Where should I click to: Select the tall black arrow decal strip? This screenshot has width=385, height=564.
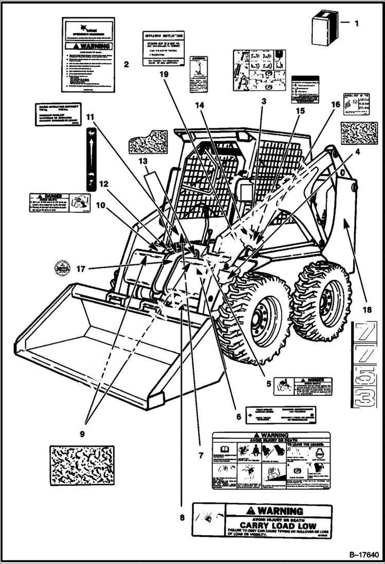click(90, 160)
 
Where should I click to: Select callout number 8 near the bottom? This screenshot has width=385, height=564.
click(181, 518)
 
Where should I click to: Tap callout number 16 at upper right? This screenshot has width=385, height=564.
click(336, 104)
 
